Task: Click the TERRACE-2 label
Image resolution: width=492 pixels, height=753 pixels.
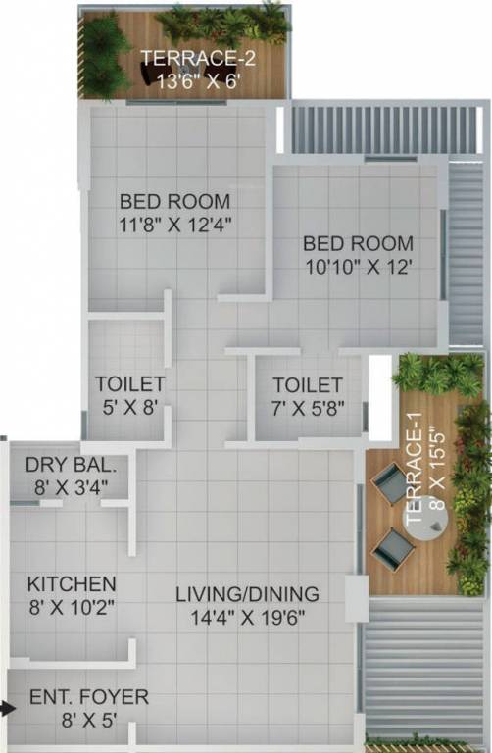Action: [x=200, y=59]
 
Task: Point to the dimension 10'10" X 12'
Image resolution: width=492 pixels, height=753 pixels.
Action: [x=358, y=266]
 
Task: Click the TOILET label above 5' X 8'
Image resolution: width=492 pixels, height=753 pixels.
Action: [x=129, y=383]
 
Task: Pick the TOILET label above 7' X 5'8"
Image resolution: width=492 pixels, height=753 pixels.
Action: [x=308, y=385]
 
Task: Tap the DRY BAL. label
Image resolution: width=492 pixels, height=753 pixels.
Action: [x=64, y=464]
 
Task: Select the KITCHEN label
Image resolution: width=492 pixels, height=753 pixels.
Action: [x=72, y=583]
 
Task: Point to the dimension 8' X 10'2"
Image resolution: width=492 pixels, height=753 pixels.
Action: [x=72, y=606]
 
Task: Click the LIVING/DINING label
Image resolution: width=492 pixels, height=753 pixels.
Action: [x=247, y=594]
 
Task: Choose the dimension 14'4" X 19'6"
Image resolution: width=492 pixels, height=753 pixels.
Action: [x=247, y=618]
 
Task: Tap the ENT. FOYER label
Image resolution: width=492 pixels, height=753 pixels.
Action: [x=88, y=697]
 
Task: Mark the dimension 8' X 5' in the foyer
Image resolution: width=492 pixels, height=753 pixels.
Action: [x=88, y=721]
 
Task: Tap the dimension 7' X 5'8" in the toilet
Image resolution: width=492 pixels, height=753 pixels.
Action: [x=308, y=408]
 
